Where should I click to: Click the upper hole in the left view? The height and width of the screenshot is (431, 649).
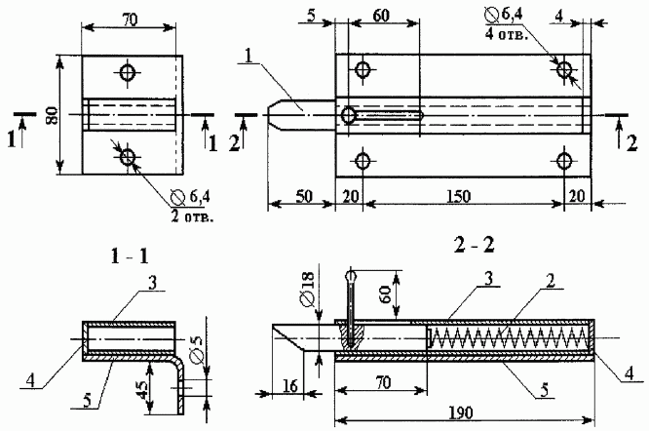tap(128, 72)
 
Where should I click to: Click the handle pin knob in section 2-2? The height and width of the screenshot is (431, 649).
tap(352, 279)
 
